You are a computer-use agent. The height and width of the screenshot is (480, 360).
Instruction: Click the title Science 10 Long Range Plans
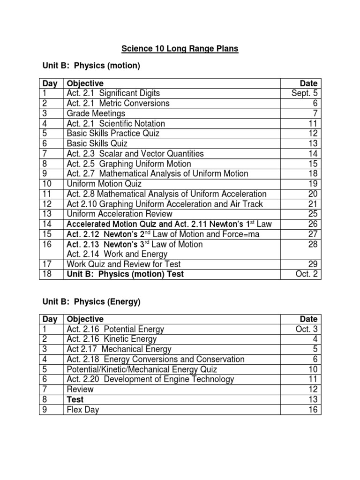[x=180, y=49]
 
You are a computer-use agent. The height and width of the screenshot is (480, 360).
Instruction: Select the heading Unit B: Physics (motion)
[x=90, y=66]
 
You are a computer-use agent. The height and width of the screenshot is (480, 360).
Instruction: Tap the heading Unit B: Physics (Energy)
[x=90, y=302]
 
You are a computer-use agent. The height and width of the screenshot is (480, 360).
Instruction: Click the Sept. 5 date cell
[x=306, y=93]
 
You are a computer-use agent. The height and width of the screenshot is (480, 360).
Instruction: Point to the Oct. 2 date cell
[x=307, y=274]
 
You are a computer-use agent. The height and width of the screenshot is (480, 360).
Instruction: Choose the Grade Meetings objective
[x=96, y=113]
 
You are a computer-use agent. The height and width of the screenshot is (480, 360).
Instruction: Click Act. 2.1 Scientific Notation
[x=116, y=124]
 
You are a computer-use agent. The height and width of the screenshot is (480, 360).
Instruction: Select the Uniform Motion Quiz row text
[x=104, y=184]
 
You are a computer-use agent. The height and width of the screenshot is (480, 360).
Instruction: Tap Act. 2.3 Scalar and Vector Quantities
[x=135, y=154]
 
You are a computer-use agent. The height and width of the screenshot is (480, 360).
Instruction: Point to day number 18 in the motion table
[x=47, y=274]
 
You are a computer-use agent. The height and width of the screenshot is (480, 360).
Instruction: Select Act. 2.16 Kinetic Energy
[x=112, y=339]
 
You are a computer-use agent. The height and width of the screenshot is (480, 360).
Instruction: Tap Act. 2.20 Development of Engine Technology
[x=150, y=379]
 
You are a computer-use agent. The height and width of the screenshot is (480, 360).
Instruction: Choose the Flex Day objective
[x=83, y=410]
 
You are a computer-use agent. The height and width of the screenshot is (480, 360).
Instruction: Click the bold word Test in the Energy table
[x=75, y=399]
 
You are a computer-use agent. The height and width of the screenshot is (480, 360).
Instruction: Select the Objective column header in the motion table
[x=85, y=83]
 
